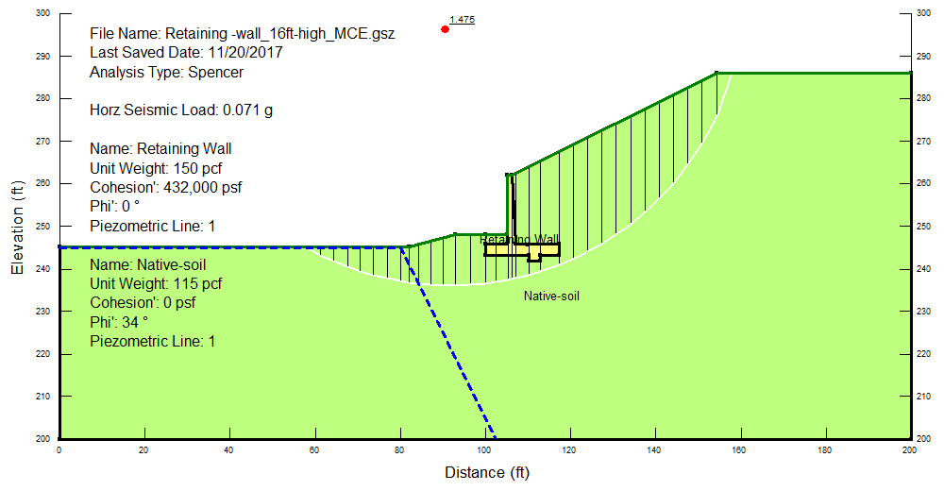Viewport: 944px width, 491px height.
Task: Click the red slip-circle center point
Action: point(445,29)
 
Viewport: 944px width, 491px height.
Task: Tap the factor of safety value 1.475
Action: point(462,19)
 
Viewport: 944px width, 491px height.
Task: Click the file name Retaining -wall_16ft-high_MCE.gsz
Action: point(242,34)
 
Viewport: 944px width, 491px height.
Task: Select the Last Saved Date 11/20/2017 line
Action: point(186,53)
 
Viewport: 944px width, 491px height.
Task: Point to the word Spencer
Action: point(215,73)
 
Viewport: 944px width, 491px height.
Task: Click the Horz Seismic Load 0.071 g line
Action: point(181,110)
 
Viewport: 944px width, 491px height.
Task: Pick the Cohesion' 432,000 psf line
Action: point(165,187)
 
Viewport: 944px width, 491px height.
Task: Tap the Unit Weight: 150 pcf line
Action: point(156,168)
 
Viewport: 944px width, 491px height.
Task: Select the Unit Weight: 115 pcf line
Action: point(156,283)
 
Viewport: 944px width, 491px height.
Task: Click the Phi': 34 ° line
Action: point(119,322)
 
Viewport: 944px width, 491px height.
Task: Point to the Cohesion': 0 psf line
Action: point(143,302)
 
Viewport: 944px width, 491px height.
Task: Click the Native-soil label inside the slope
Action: point(551,296)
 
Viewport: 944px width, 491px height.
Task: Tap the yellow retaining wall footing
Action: point(522,249)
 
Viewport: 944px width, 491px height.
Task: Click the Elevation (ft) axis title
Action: point(17,228)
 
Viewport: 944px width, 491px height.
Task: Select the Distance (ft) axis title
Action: point(487,472)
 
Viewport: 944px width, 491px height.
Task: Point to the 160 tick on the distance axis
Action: point(739,450)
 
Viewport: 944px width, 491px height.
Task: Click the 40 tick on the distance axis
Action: point(228,450)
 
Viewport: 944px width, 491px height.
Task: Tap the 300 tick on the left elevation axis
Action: point(42,12)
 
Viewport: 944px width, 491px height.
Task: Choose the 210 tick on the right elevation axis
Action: point(923,397)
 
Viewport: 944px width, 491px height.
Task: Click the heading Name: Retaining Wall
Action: point(160,149)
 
